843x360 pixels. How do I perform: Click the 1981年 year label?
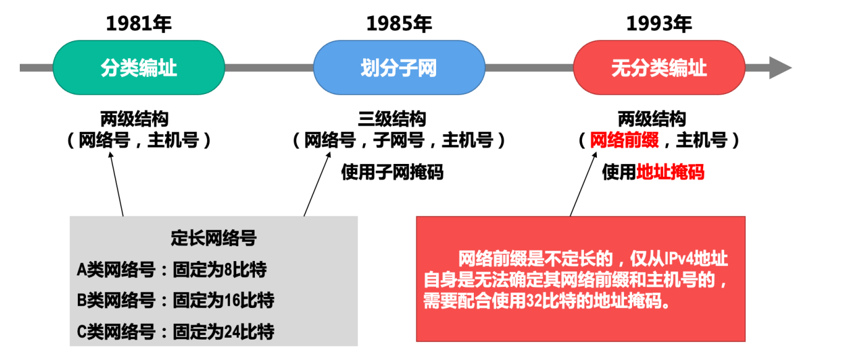[x=139, y=24]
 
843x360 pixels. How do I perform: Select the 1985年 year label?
[x=399, y=24]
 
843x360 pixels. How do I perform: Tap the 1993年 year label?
[x=659, y=24]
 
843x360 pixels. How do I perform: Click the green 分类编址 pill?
[x=139, y=67]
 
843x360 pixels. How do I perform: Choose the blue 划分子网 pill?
[x=399, y=67]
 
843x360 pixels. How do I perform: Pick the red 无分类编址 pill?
[x=659, y=67]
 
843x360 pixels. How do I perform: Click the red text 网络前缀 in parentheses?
[x=625, y=141]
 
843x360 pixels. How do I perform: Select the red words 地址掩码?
[x=670, y=172]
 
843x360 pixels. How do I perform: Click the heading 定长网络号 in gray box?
[x=213, y=238]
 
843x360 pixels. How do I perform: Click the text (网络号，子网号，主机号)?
[x=399, y=141]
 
